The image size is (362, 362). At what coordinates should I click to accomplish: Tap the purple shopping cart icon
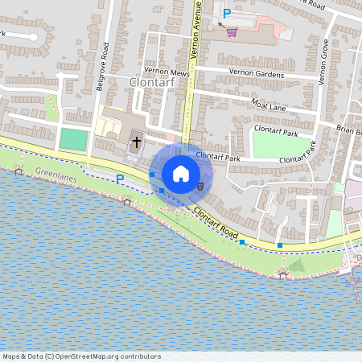pos(233,32)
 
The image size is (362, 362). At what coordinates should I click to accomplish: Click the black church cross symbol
pos(137,143)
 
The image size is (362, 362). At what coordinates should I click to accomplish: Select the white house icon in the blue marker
pos(180,173)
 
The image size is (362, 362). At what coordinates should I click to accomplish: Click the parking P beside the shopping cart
pos(227,14)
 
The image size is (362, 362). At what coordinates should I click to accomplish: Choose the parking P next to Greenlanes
pos(120,179)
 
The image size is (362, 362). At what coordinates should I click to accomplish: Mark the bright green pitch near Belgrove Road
pos(74,140)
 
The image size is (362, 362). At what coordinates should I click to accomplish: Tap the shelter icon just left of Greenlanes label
pos(18,171)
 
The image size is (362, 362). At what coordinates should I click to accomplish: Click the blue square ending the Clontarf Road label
pos(242,242)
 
